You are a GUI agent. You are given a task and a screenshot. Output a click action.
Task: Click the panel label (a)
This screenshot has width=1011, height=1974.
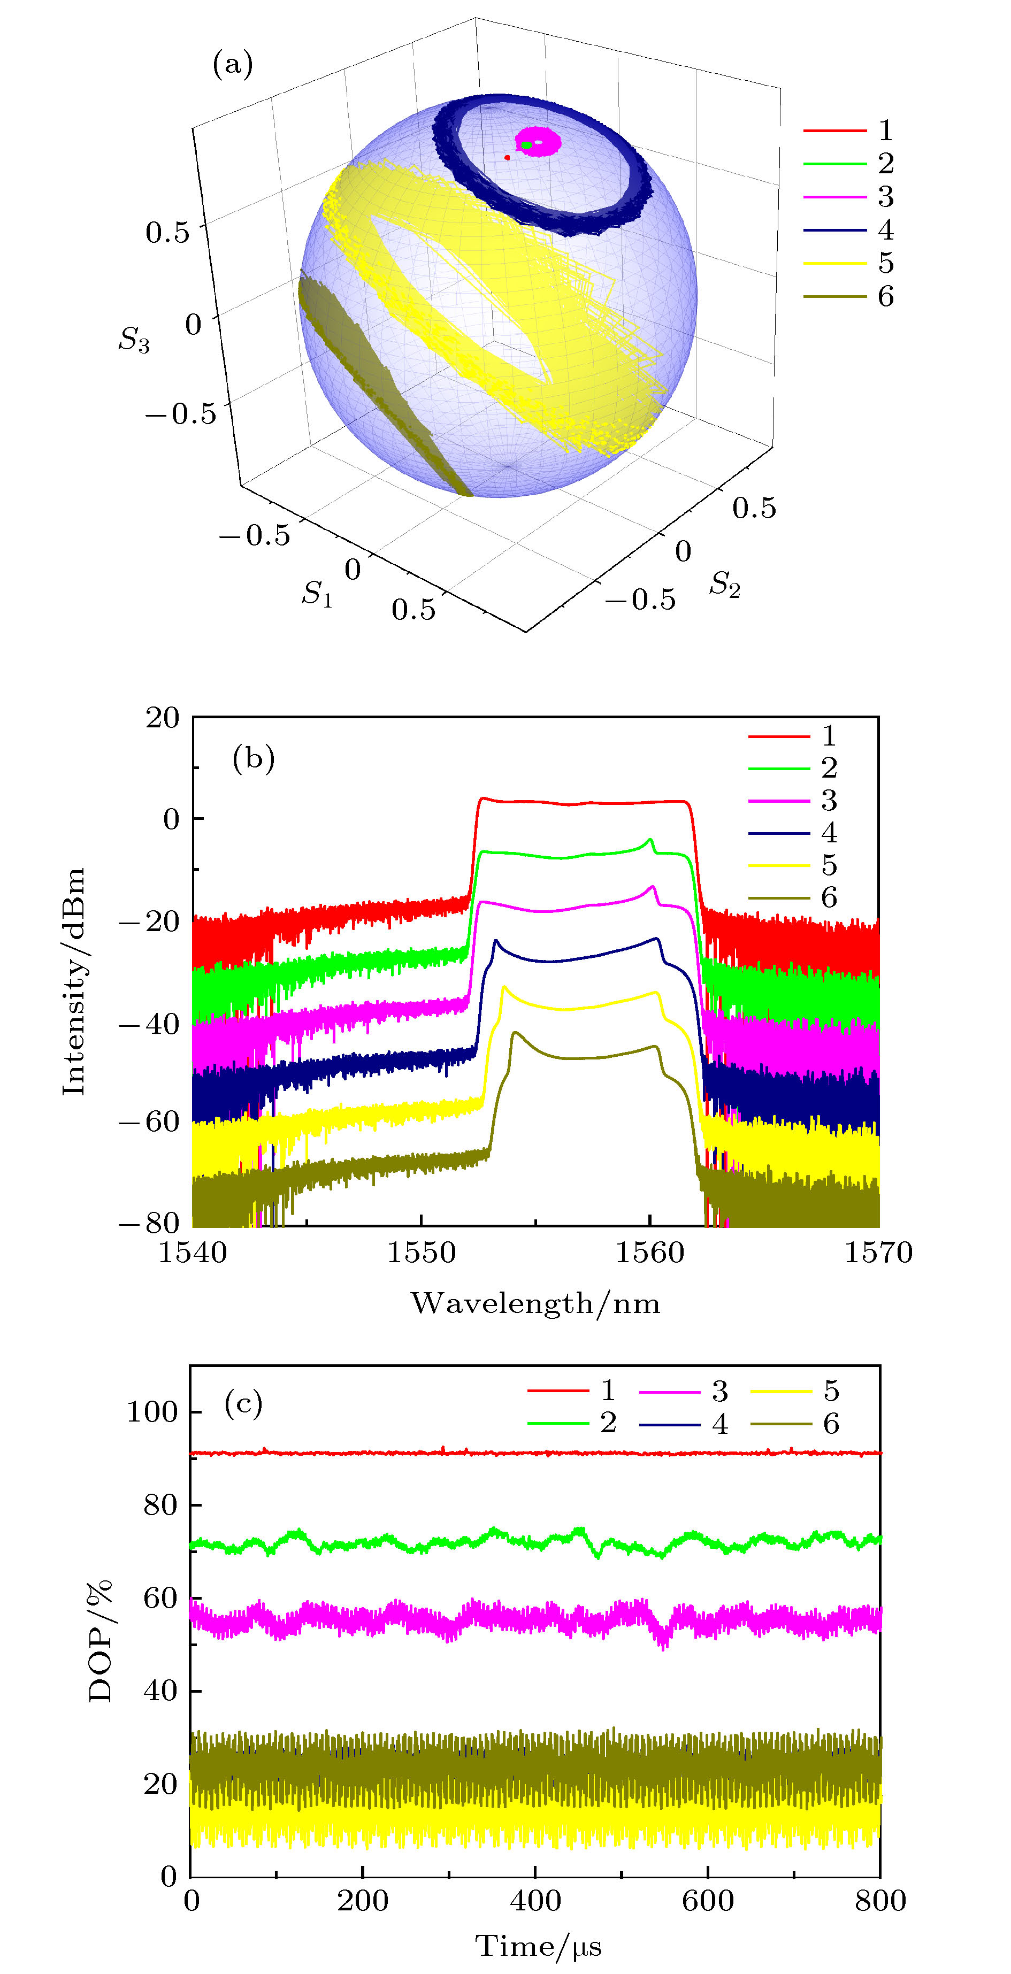[232, 64]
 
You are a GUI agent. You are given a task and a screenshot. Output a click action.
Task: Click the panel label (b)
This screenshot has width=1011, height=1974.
[253, 759]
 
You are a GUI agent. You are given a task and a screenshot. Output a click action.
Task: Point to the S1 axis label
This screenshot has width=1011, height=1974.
[317, 593]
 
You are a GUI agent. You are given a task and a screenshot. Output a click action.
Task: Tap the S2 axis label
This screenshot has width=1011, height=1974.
[724, 584]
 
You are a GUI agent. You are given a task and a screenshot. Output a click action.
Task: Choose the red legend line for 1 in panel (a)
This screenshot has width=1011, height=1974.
[834, 131]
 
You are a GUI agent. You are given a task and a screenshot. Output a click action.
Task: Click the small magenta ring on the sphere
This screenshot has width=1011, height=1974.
[539, 143]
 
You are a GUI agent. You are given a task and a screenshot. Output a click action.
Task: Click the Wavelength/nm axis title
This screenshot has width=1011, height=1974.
[535, 1303]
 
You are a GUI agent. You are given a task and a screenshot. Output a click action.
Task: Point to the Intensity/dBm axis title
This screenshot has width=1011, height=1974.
[74, 981]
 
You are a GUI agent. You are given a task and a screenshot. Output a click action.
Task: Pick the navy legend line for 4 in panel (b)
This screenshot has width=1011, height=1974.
[779, 833]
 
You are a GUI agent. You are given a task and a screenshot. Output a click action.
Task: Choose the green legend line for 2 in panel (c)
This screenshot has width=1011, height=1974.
[558, 1424]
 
